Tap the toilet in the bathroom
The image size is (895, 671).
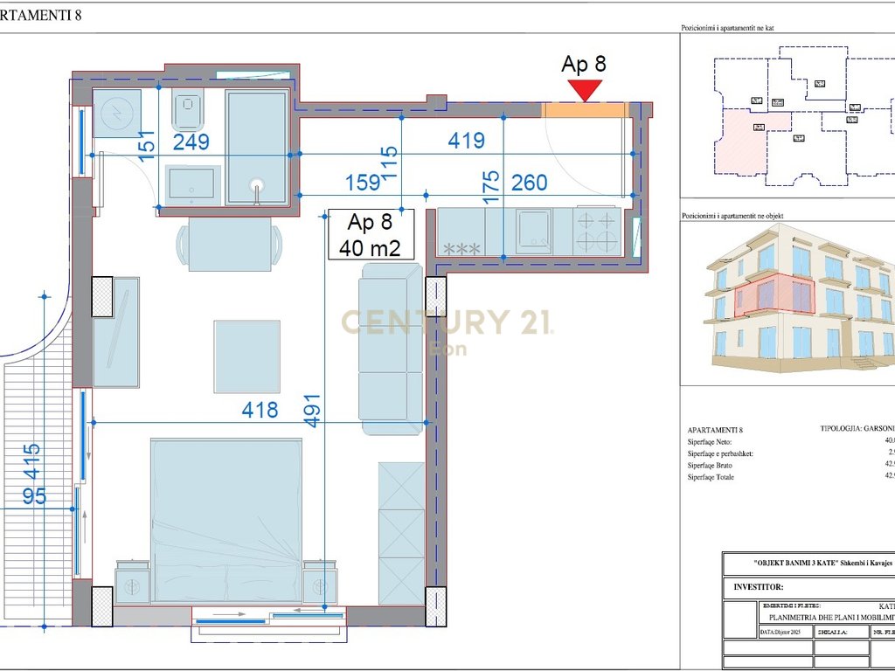click(x=188, y=112)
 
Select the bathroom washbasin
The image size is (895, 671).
click(x=191, y=183)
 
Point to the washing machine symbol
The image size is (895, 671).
click(x=115, y=113)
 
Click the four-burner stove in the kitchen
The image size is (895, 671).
click(x=597, y=231)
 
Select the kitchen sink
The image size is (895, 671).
click(x=532, y=232)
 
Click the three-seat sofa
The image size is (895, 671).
click(x=390, y=345)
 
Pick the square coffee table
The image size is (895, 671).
click(x=247, y=356)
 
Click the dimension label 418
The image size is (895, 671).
click(x=260, y=409)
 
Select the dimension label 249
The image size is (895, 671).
click(x=191, y=142)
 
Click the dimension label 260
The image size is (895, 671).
click(x=529, y=183)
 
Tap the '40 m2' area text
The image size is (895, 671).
click(x=370, y=247)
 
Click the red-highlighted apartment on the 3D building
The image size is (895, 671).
click(x=774, y=295)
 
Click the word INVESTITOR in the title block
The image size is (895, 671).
click(x=759, y=588)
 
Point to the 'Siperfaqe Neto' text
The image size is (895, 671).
click(x=715, y=443)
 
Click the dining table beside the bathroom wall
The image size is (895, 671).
click(x=230, y=241)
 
